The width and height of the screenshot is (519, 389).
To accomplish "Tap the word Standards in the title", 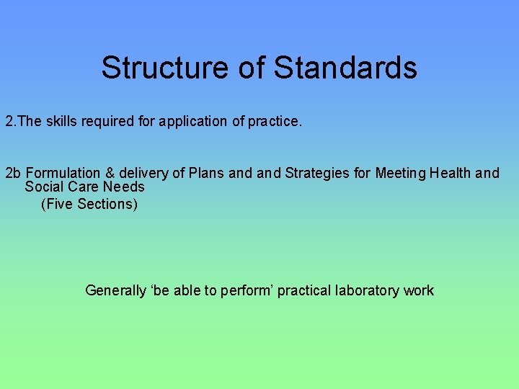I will pos(346,68).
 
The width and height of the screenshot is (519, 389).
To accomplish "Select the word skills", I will pos(63,121).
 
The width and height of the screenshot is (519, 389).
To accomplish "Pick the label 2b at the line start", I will pos(13,173).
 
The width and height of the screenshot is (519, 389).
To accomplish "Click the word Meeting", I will pos(401,173).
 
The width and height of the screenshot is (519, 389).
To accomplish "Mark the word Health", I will pos(452,173).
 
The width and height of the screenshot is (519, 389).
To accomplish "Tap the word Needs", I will pos(124,187).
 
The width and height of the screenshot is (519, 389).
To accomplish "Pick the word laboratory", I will pos(368,291).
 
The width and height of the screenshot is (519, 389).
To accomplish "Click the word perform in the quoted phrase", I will pos(244,291).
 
